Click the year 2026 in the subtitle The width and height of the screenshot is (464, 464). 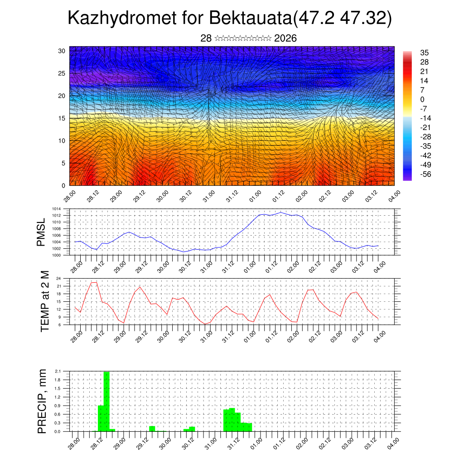(285, 39)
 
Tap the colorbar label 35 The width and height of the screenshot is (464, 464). (425, 53)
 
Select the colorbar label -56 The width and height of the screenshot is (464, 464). (426, 174)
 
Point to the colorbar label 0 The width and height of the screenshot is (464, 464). (422, 100)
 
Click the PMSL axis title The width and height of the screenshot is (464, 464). (41, 232)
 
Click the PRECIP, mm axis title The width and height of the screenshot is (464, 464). (42, 401)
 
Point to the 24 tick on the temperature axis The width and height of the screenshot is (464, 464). (59, 279)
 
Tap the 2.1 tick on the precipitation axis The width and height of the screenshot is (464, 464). (58, 372)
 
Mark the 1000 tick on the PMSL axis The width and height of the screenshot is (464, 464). (57, 255)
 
